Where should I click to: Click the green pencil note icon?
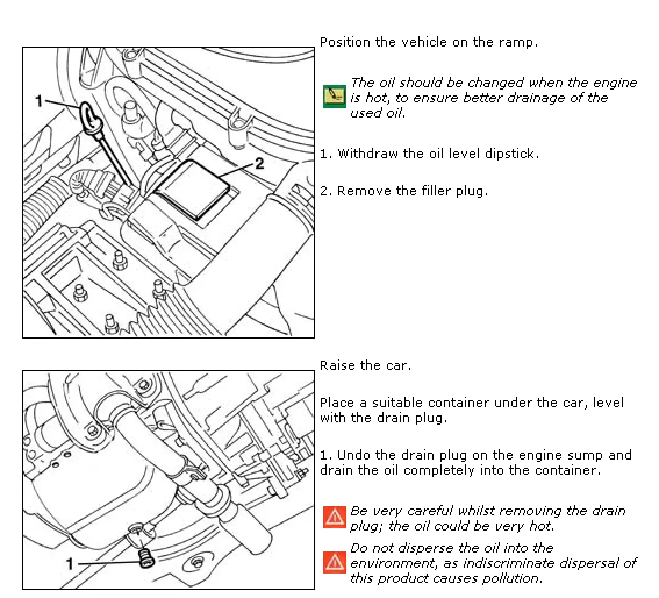coord(334,97)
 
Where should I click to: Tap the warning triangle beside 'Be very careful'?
coord(334,517)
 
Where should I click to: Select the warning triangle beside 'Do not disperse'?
coord(334,563)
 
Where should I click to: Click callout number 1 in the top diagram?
coord(39,102)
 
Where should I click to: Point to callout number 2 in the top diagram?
coord(259,164)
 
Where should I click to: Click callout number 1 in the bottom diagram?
coord(69,563)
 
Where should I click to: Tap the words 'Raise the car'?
coord(366,366)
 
